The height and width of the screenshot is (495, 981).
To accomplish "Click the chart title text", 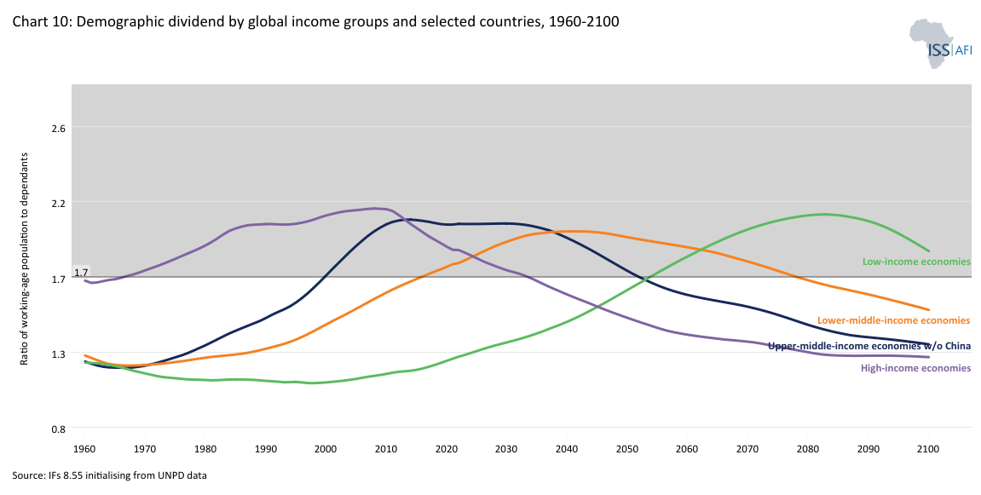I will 315,21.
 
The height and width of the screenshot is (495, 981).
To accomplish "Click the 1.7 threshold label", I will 82,273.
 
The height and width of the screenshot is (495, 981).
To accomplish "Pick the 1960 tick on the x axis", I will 84,448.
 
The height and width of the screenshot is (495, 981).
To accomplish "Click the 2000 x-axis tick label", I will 326,448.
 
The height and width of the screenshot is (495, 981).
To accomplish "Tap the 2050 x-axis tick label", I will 626,448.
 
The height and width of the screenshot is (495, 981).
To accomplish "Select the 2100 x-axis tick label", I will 927,448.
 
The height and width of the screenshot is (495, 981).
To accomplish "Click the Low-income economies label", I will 916,262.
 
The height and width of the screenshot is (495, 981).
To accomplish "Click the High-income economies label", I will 915,368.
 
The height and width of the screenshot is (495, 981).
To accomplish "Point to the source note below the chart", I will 110,475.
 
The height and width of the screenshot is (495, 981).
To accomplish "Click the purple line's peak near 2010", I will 375,208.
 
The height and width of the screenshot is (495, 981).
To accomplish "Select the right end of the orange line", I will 928,309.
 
